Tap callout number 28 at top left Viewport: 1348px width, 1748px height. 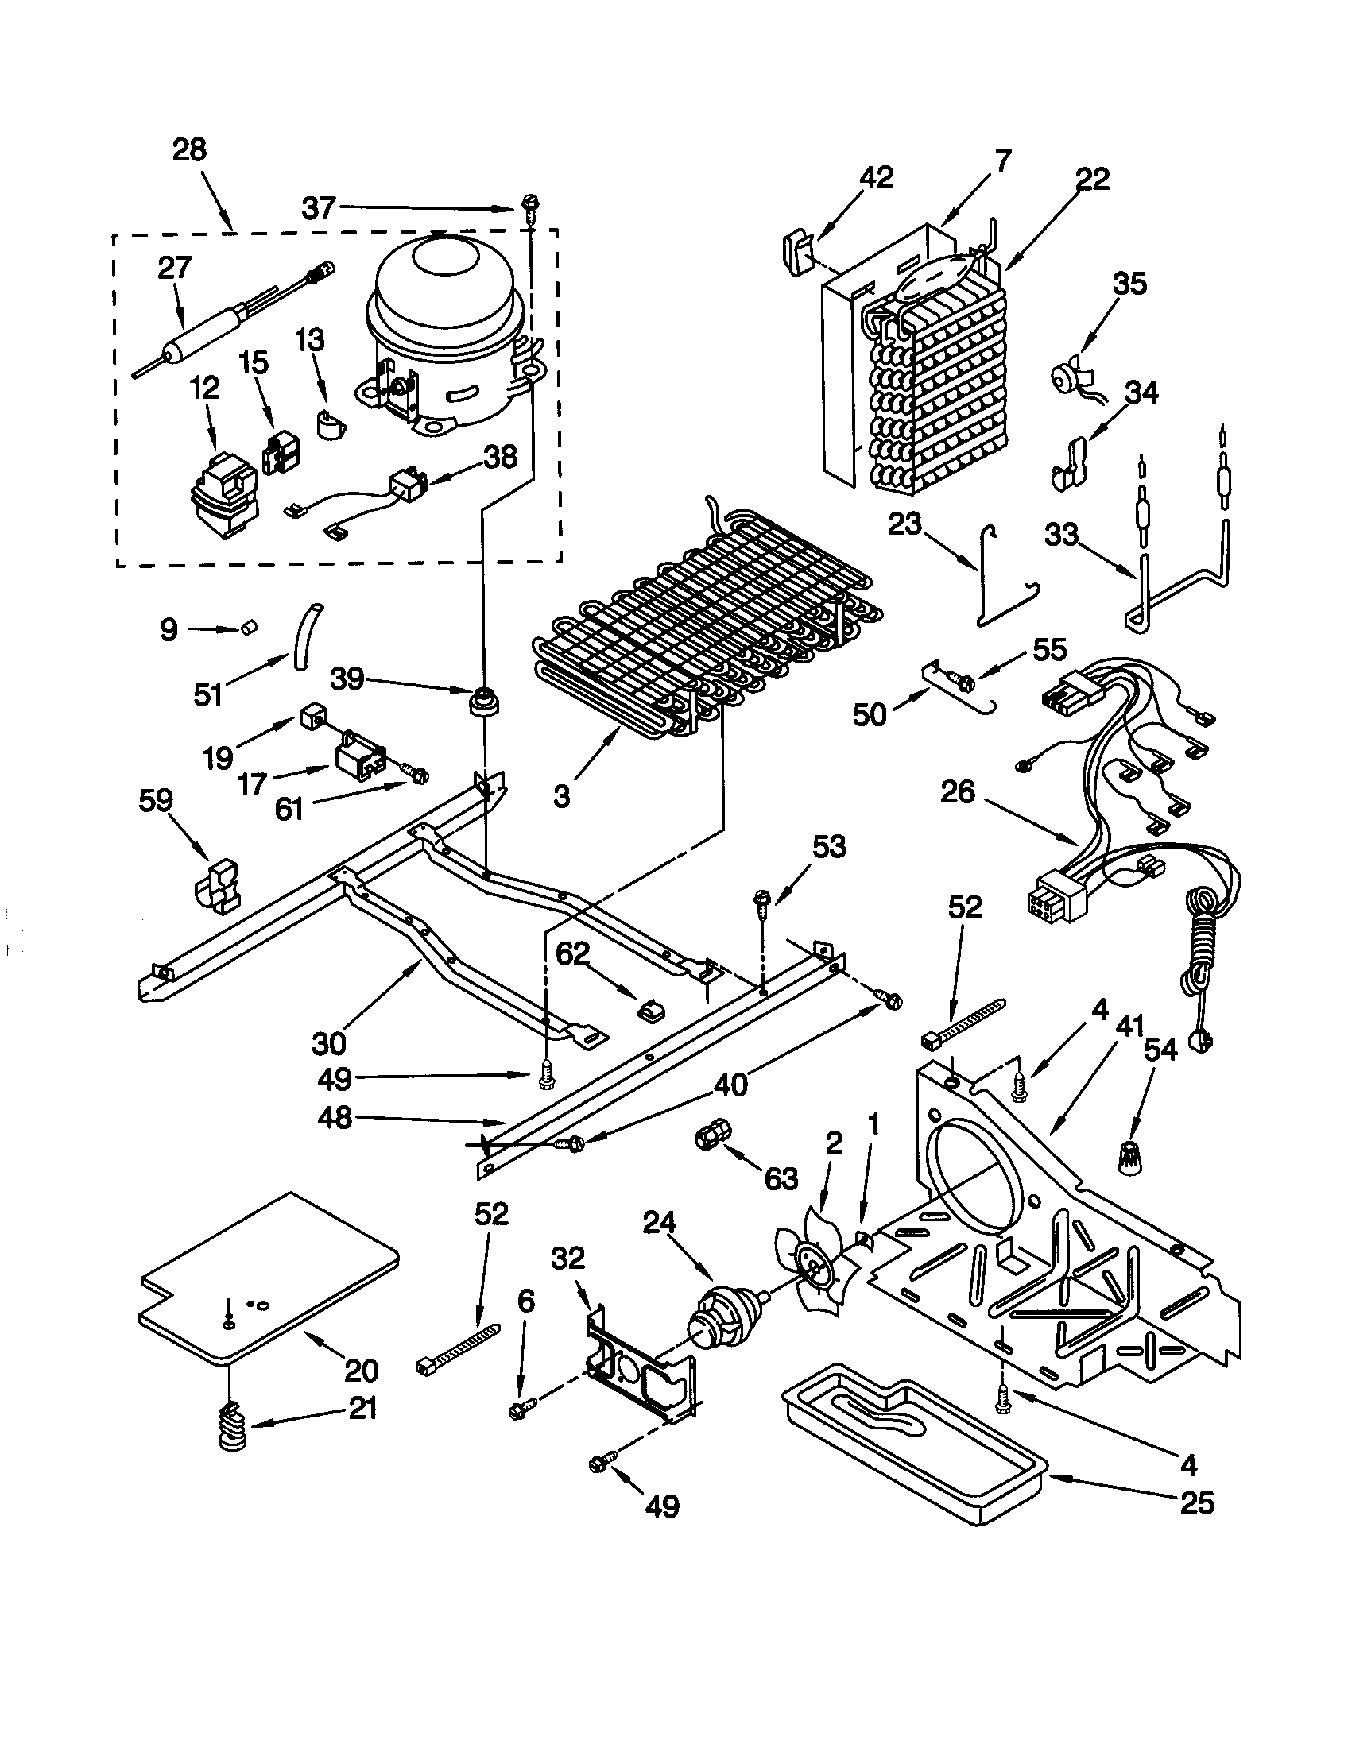pyautogui.click(x=190, y=149)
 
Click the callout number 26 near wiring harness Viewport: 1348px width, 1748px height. pyautogui.click(x=959, y=791)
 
